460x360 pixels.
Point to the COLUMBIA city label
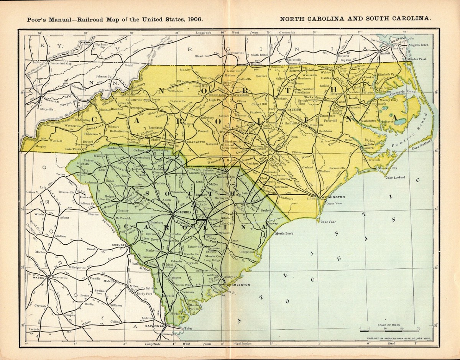tap(183, 212)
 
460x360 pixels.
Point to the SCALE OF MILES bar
tap(389, 329)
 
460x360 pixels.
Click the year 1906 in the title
tap(195, 18)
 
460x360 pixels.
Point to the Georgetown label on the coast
tap(247, 252)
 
